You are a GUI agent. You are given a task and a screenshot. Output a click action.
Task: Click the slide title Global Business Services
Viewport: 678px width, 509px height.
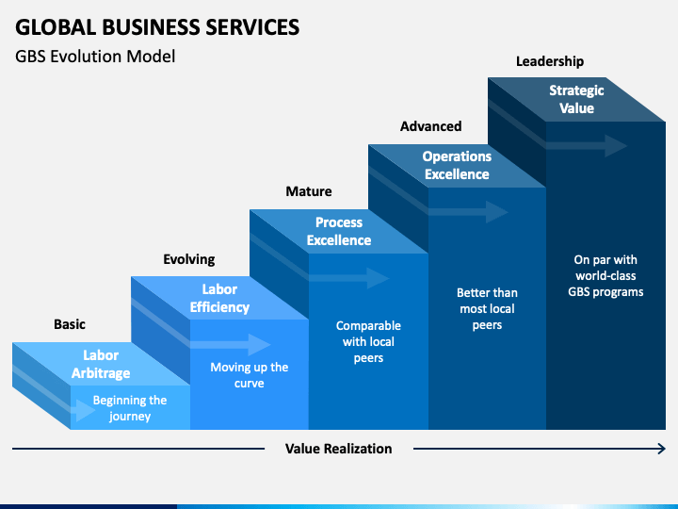157,27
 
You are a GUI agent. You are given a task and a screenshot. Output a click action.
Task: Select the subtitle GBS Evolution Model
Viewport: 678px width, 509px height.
95,57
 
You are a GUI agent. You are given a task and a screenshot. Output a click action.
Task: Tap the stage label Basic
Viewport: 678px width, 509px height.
70,324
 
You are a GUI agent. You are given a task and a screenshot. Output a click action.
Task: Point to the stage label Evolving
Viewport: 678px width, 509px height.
189,259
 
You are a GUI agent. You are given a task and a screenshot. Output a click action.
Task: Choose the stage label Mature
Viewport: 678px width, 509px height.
309,191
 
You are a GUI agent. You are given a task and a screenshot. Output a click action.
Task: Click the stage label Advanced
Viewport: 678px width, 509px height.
430,126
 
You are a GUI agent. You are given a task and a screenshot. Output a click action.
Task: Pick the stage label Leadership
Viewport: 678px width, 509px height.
550,61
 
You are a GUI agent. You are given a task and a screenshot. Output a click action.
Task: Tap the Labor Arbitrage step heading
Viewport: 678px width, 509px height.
101,364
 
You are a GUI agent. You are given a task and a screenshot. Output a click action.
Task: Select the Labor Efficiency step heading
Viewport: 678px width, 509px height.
219,298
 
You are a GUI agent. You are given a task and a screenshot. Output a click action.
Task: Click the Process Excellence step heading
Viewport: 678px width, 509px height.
339,231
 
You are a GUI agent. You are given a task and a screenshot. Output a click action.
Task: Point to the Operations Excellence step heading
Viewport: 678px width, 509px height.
457,165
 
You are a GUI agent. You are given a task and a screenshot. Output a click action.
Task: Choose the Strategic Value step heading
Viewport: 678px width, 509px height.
576,99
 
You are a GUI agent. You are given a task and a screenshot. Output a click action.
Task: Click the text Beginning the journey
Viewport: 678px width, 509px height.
130,408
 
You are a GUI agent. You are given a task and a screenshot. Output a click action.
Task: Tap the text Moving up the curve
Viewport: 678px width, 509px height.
249,375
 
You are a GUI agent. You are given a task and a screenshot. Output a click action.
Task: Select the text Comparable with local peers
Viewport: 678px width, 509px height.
368,341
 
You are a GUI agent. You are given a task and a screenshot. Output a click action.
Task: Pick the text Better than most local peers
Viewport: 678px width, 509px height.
487,308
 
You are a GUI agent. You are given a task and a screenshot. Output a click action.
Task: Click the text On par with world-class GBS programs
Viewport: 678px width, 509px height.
605,275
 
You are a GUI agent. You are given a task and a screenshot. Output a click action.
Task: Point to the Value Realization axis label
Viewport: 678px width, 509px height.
339,449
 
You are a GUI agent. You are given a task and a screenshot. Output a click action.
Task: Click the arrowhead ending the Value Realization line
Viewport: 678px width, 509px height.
662,449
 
